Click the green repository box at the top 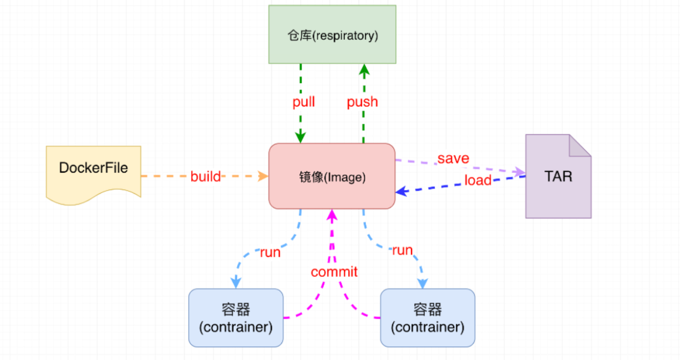click(332, 35)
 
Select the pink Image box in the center click(332, 176)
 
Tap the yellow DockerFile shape click(94, 173)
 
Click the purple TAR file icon click(558, 176)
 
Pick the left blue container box click(236, 318)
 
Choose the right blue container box click(428, 318)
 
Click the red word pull click(304, 102)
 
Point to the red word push click(363, 102)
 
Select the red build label click(205, 176)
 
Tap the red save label click(453, 158)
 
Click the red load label click(478, 180)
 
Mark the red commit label click(334, 272)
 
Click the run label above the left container click(270, 252)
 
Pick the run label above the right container click(403, 251)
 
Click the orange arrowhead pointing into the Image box click(263, 176)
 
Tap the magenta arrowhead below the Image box click(332, 215)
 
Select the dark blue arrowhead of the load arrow click(401, 191)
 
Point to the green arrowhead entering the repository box click(364, 70)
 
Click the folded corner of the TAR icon click(580, 145)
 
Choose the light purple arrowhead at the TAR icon click(520, 172)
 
